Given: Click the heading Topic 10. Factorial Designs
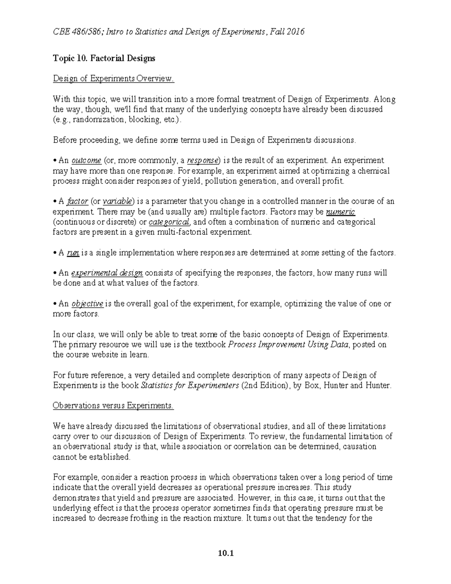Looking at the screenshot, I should click(104, 58).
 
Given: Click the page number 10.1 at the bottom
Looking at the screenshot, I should click(225, 553).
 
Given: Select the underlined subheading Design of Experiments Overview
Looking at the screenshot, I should click(114, 79).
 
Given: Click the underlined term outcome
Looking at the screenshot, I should click(86, 161).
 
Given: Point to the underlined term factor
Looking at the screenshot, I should click(77, 201).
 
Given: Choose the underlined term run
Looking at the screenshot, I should click(73, 253).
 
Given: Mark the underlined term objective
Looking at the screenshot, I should click(87, 303).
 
